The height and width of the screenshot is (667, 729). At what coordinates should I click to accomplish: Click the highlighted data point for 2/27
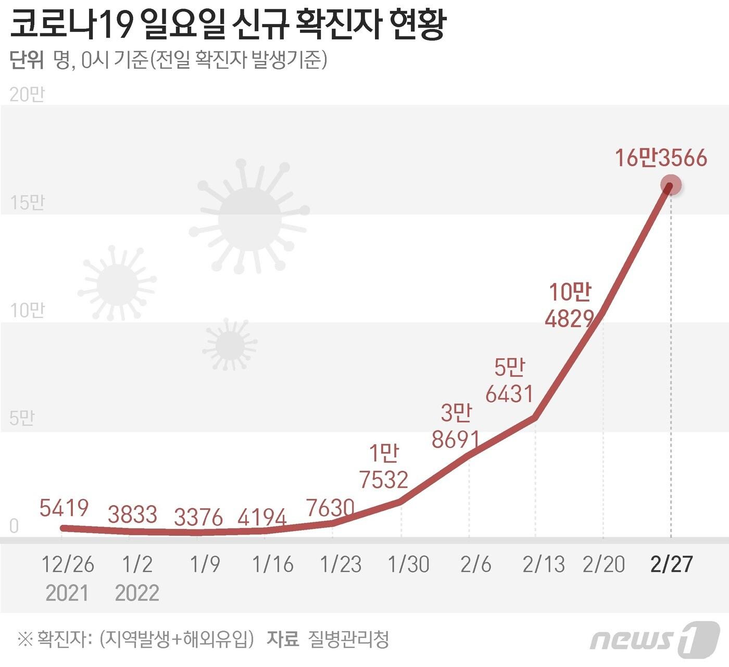click(671, 185)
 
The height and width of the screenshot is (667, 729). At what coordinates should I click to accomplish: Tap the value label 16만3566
click(661, 158)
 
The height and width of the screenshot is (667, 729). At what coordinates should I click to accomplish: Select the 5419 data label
click(64, 508)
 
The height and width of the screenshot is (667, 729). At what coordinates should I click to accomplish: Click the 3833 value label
click(132, 514)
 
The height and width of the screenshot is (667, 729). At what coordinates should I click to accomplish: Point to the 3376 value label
click(198, 518)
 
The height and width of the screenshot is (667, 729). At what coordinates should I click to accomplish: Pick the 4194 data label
click(262, 518)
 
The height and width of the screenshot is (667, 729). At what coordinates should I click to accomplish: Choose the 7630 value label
click(330, 508)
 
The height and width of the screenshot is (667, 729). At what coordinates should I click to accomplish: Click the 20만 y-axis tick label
click(28, 94)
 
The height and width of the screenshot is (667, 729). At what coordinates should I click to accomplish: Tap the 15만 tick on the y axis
click(28, 203)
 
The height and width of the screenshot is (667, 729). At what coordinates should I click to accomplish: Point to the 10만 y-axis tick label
click(28, 310)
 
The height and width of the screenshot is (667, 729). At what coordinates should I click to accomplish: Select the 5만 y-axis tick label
click(22, 418)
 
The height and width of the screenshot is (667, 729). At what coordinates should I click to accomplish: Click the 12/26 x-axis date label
click(68, 564)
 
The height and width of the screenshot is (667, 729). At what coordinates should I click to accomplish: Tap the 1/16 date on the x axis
click(273, 564)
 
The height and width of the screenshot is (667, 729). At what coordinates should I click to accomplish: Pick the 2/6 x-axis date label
click(475, 564)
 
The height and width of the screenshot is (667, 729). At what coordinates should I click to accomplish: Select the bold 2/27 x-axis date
click(672, 564)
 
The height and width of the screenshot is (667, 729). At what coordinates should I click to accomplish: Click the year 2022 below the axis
click(137, 593)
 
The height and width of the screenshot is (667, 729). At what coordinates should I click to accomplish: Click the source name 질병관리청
click(348, 639)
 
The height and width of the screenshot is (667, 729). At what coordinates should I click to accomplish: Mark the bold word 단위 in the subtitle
click(27, 60)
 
